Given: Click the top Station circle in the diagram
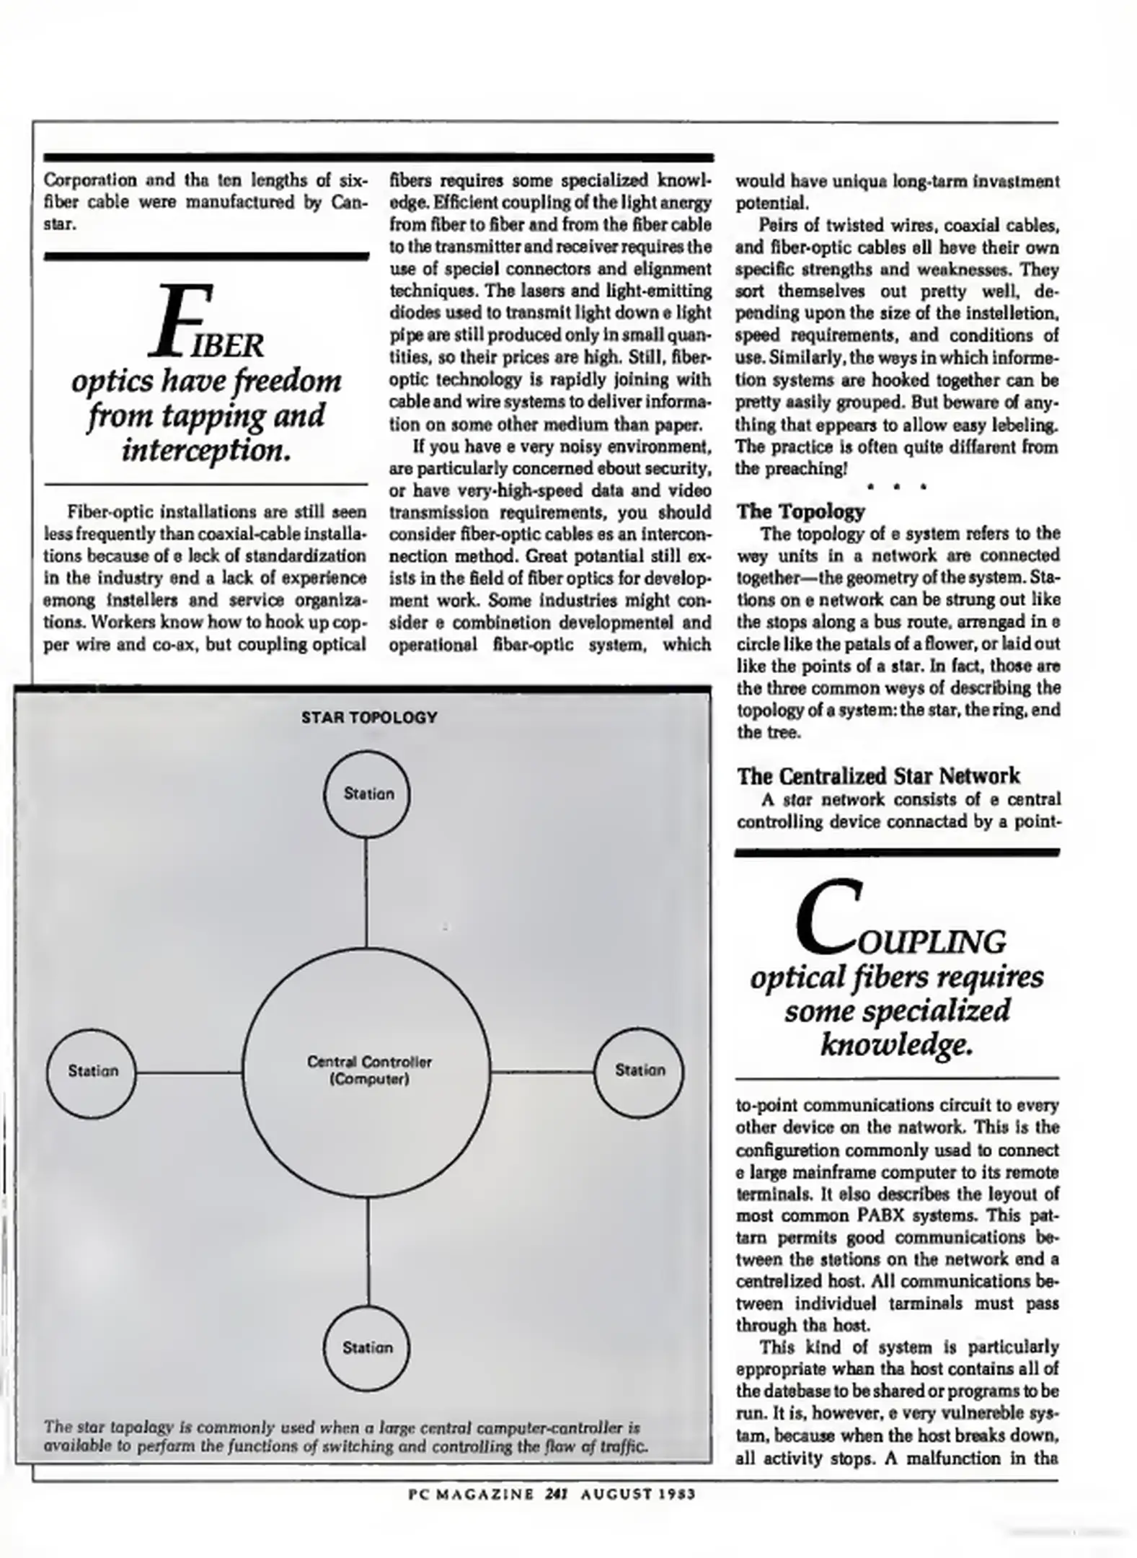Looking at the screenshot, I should coord(368,793).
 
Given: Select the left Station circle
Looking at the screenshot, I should coord(92,1071).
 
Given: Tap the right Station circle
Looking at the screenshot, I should coord(640,1070).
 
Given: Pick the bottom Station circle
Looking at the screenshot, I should coord(368,1347).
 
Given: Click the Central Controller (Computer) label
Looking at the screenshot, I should coord(369,1070).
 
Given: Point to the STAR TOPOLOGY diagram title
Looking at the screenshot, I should coord(369,717).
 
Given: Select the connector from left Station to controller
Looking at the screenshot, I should coord(189,1073).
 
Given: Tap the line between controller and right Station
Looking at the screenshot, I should coord(542,1072).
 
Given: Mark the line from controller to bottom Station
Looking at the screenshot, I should coord(368,1251).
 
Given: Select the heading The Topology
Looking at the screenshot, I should coord(800,511).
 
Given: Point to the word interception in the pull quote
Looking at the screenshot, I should coord(205,451).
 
